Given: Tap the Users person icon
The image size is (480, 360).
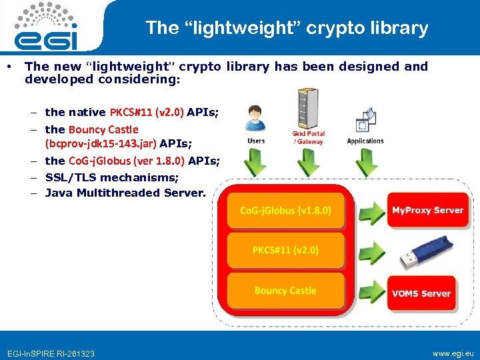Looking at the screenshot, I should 255,119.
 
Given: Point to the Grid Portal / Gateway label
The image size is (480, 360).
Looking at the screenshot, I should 307,138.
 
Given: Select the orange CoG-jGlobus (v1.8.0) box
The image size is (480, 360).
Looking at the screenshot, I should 285,211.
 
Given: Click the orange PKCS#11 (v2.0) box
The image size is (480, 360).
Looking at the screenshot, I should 285,250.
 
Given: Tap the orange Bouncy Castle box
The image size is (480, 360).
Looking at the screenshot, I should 285,291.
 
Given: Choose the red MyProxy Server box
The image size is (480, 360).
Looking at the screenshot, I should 427,211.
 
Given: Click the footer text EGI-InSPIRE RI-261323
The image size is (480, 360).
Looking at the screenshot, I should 51,353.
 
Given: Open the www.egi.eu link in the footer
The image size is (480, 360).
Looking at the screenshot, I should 453,353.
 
